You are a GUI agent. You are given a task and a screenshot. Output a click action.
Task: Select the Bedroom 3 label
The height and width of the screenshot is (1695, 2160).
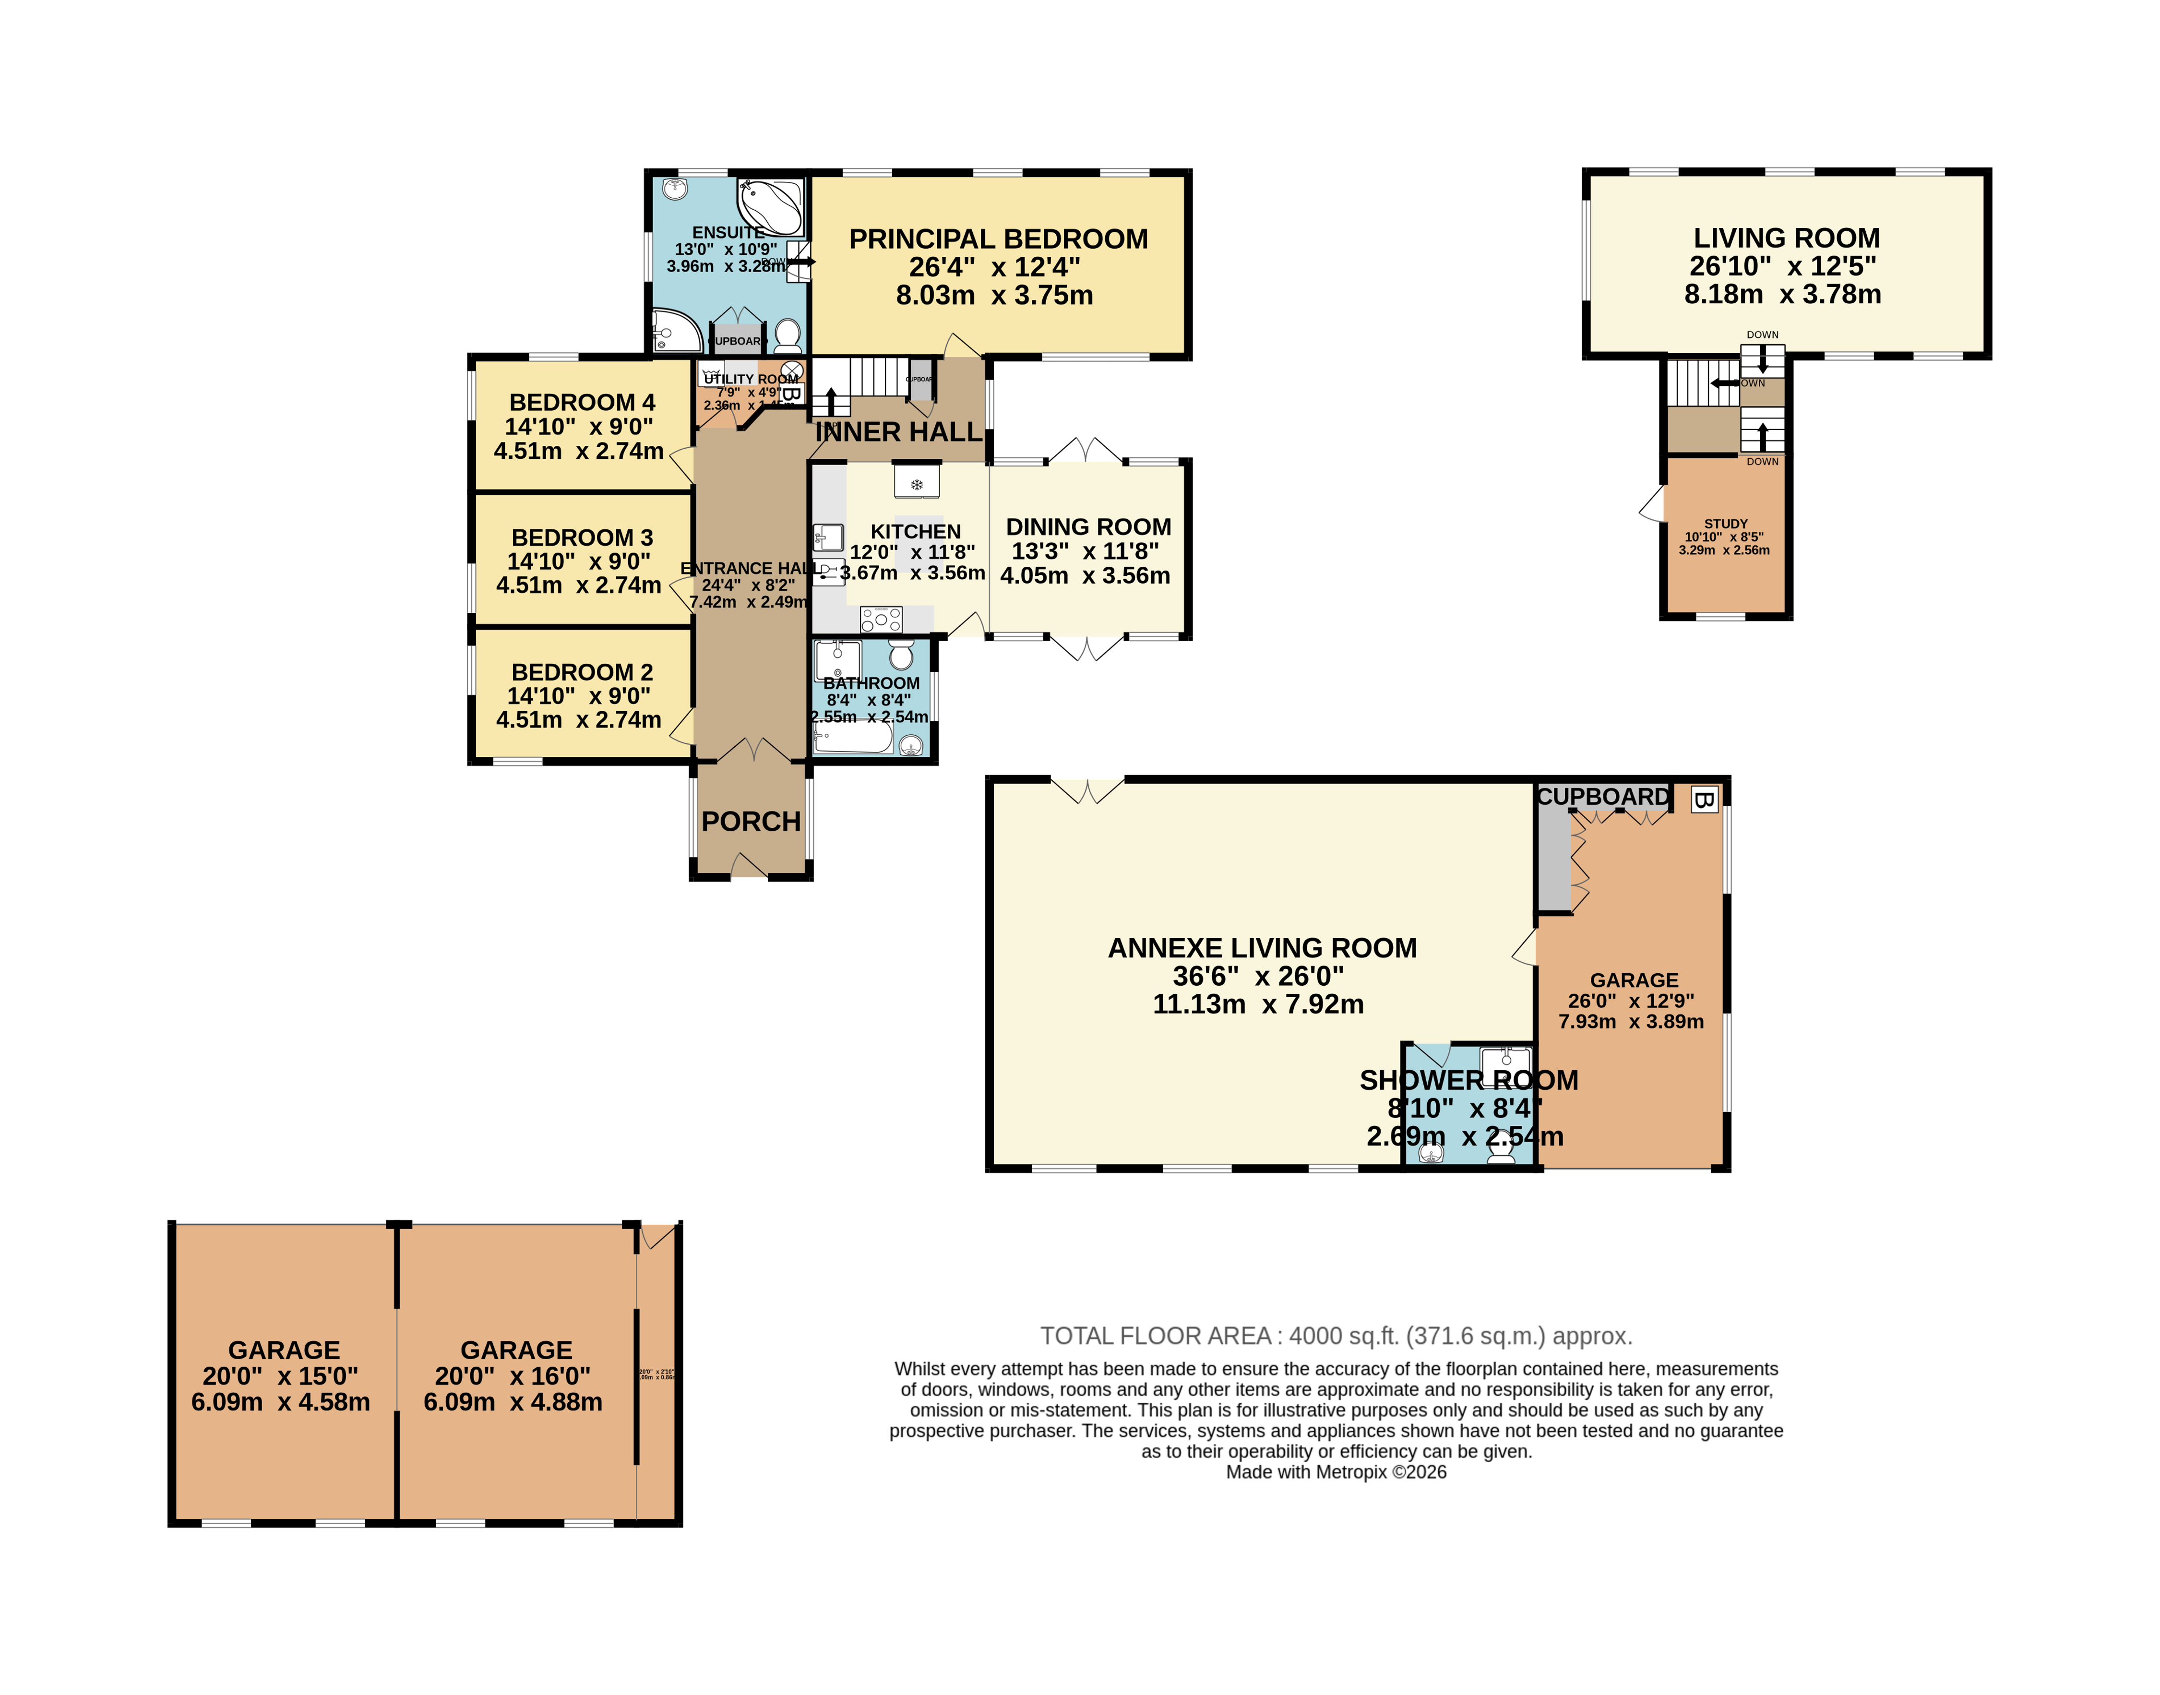coord(582,538)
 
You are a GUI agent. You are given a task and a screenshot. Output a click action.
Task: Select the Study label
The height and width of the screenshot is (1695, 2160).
coord(1725,523)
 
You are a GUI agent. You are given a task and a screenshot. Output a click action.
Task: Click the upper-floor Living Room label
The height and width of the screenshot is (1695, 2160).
coord(1786,238)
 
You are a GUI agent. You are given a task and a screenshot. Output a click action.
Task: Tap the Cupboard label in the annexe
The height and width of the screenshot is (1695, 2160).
coord(1602,797)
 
